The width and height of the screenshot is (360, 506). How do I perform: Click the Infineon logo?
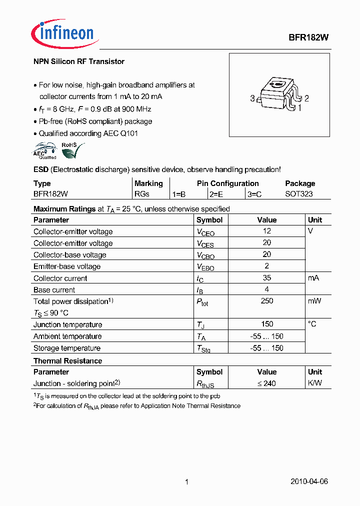click(x=62, y=33)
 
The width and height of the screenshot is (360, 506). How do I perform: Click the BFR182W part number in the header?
click(x=308, y=37)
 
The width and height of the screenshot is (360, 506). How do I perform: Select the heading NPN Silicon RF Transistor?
click(x=78, y=61)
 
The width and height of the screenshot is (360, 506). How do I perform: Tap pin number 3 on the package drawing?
click(x=252, y=98)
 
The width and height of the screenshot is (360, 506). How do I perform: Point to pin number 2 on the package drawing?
click(x=306, y=98)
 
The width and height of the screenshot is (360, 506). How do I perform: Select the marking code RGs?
click(x=141, y=193)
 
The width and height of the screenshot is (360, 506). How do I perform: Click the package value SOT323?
click(x=298, y=193)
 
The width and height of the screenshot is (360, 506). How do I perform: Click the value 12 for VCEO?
click(x=266, y=231)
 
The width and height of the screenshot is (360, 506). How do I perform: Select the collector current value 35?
click(x=266, y=278)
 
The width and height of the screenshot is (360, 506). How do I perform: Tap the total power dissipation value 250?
click(x=266, y=301)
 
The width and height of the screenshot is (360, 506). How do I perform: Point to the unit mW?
click(x=314, y=301)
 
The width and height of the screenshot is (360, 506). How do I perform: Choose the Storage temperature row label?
click(x=67, y=348)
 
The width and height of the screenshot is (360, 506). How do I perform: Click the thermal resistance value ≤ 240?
click(x=266, y=383)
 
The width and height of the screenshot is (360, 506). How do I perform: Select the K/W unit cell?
click(x=314, y=383)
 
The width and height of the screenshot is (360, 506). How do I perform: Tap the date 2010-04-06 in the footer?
click(x=309, y=481)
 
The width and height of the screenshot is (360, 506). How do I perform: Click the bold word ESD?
click(x=41, y=169)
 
